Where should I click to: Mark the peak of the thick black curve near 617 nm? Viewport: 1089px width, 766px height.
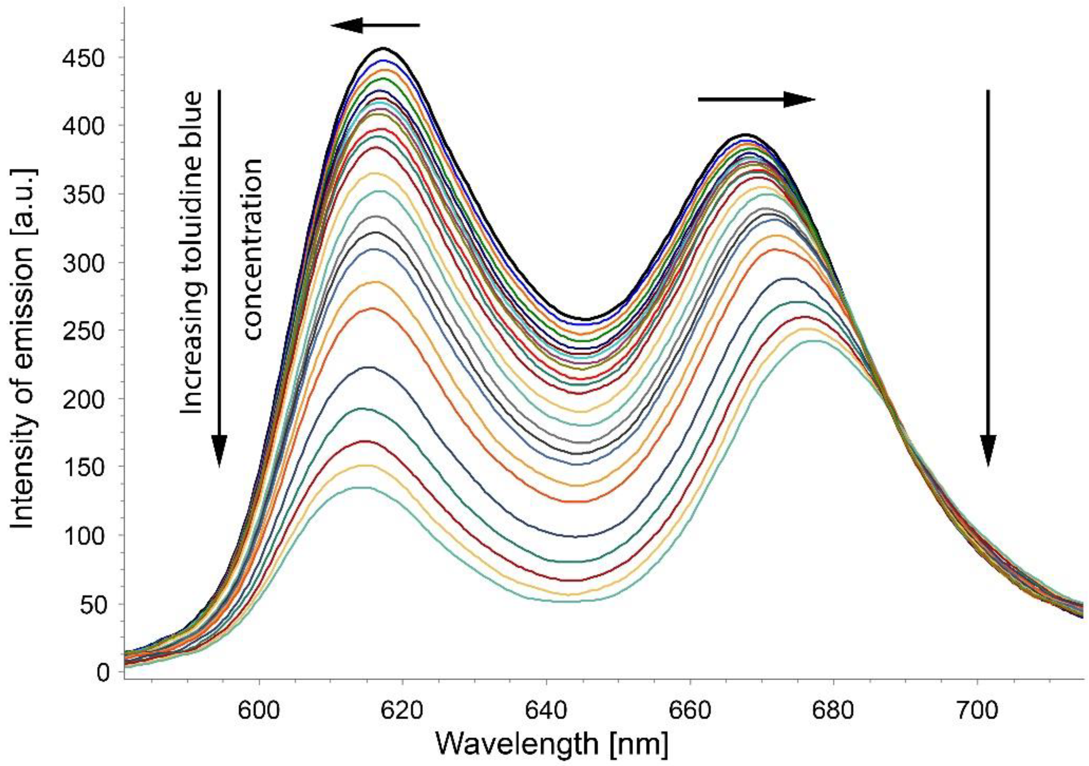383,48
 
